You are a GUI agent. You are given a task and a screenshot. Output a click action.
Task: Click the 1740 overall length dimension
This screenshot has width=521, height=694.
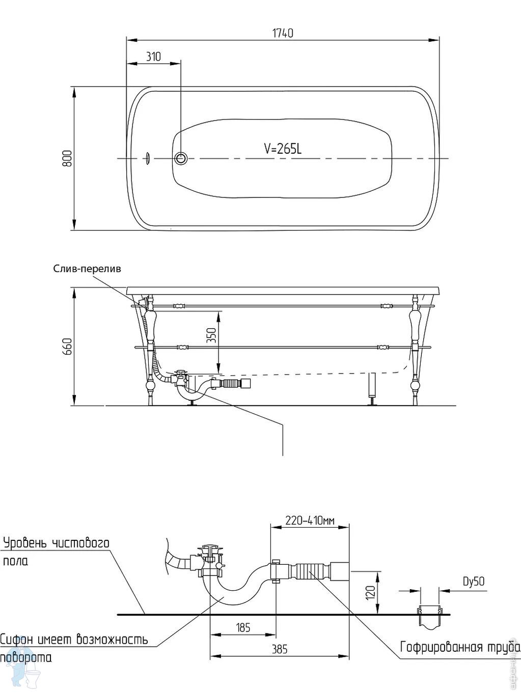pos(283,34)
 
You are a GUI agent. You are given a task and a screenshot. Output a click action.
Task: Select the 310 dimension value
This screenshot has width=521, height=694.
pos(153,56)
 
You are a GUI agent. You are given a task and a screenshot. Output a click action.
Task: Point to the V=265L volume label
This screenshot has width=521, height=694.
pos(283,149)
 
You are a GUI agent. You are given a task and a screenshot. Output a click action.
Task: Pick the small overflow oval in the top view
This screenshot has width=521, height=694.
pos(147,158)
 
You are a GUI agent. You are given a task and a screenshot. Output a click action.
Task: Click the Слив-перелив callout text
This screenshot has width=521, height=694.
pos(87,269)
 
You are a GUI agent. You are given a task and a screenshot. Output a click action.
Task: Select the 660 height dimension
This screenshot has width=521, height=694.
pos(68,346)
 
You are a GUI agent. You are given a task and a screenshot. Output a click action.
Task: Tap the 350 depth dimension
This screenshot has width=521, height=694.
pos(212,336)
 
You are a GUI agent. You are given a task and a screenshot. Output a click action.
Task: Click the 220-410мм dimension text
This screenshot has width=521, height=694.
pos(310,520)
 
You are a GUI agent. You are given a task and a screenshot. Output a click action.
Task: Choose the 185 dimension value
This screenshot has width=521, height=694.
pos(243,627)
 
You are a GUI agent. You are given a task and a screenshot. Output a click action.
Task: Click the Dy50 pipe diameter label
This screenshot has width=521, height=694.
pos(474,581)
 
